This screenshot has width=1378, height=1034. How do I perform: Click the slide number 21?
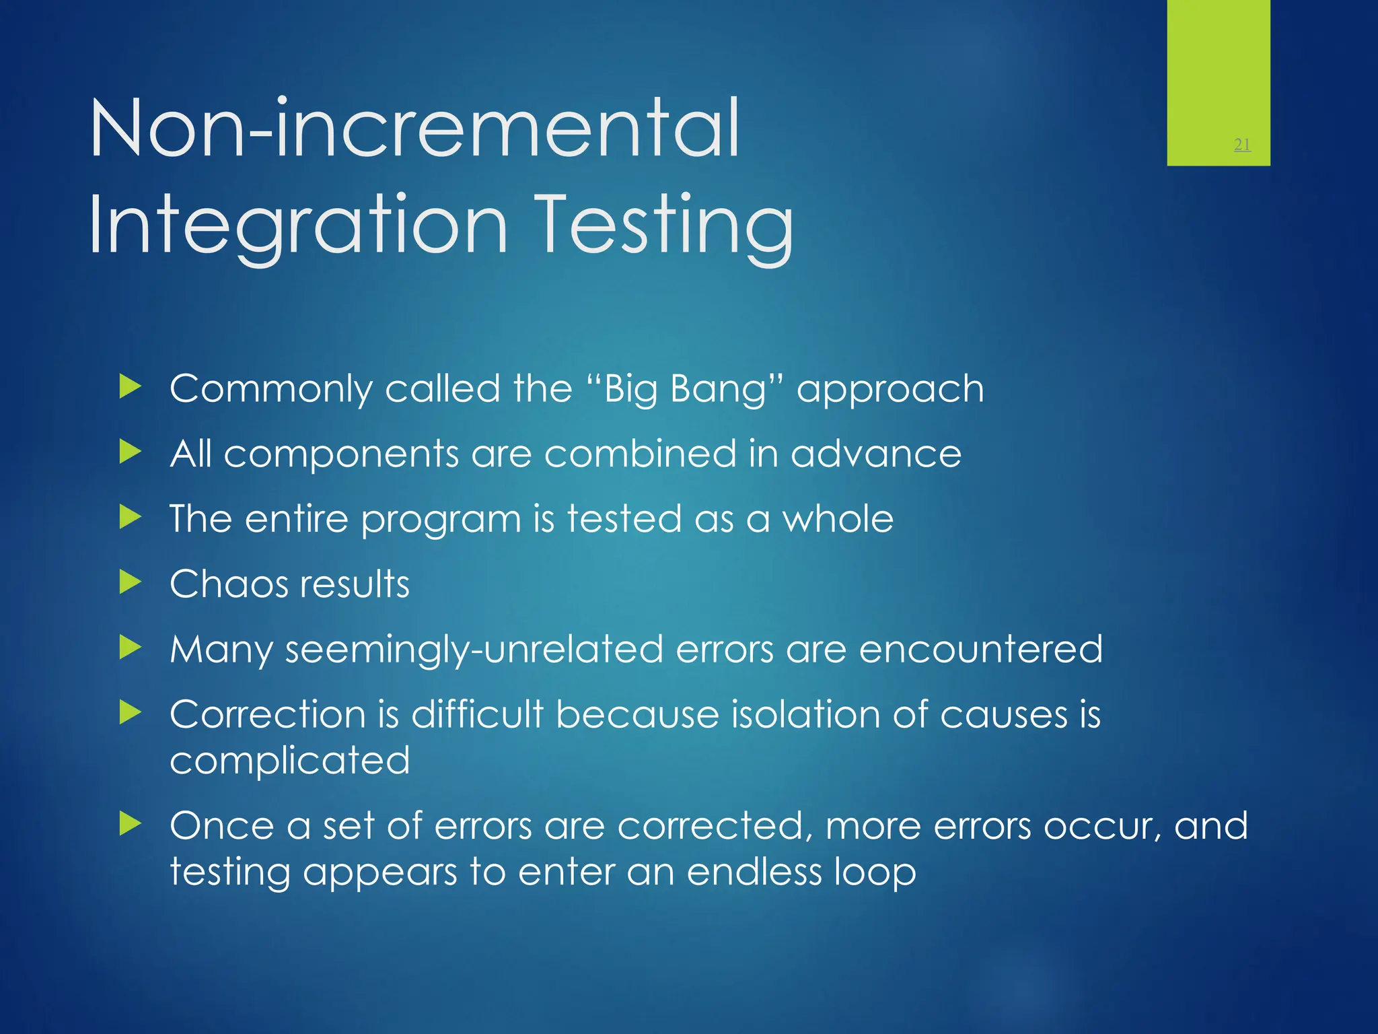pyautogui.click(x=1242, y=144)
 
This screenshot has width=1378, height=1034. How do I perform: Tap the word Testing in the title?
pyautogui.click(x=665, y=226)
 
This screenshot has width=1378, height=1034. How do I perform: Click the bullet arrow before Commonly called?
pyautogui.click(x=130, y=387)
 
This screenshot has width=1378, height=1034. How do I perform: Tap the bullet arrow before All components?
pyautogui.click(x=130, y=452)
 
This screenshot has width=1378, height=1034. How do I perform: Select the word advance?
pyautogui.click(x=875, y=453)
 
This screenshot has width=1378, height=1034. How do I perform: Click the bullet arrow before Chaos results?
pyautogui.click(x=130, y=582)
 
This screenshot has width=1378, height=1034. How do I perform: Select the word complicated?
pyautogui.click(x=289, y=761)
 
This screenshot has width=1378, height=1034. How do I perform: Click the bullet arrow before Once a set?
pyautogui.click(x=130, y=823)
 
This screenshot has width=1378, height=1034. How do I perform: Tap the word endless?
pyautogui.click(x=754, y=872)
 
